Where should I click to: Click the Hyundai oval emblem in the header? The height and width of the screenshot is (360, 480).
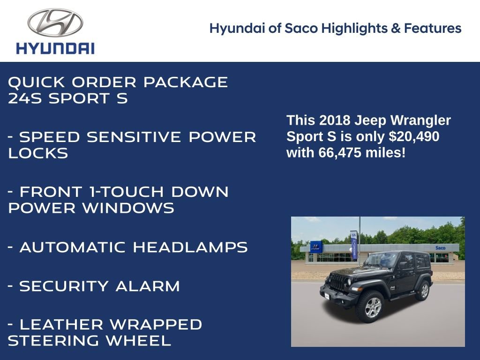pyautogui.click(x=55, y=23)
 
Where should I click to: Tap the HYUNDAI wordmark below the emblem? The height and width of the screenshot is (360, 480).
pyautogui.click(x=55, y=48)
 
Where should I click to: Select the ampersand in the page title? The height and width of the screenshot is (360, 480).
pyautogui.click(x=396, y=29)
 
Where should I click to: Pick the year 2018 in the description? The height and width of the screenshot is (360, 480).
pyautogui.click(x=335, y=120)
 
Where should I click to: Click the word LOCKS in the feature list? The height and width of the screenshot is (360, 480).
pyautogui.click(x=38, y=153)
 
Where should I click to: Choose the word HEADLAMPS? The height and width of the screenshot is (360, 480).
pyautogui.click(x=190, y=247)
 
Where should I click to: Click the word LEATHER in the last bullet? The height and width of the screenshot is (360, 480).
pyautogui.click(x=58, y=324)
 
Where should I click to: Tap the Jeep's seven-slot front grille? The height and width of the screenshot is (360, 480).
pyautogui.click(x=337, y=283)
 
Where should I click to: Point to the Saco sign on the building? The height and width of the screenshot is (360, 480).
pyautogui.click(x=440, y=247)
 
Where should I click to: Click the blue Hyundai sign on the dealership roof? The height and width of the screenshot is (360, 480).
pyautogui.click(x=315, y=246)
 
